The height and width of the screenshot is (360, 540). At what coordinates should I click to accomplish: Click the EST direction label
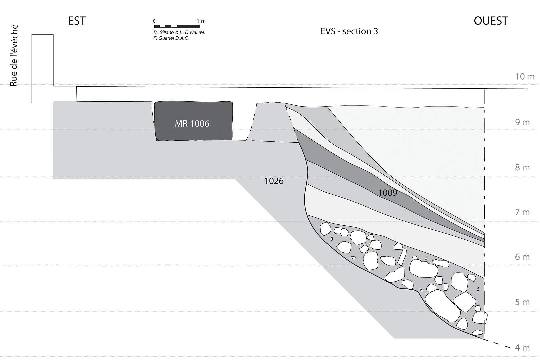point(77,21)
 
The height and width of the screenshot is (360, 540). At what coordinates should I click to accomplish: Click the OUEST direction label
point(491,21)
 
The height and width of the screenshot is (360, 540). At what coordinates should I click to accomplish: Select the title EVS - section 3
point(349,31)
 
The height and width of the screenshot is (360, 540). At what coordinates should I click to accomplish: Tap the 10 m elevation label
point(525,77)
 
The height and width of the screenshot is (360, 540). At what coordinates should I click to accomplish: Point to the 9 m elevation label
point(522,122)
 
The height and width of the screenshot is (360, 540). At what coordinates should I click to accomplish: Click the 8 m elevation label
point(522,167)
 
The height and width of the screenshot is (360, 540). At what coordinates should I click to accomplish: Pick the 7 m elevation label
point(522,212)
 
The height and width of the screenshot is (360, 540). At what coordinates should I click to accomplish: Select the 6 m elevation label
point(522,257)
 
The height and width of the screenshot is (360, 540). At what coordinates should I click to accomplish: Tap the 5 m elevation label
point(522,302)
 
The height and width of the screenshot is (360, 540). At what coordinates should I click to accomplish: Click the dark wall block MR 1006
point(193,120)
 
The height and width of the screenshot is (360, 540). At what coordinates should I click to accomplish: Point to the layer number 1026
point(274,181)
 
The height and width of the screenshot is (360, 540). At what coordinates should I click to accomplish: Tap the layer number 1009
point(388,193)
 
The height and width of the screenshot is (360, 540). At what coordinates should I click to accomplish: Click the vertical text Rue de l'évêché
point(13,56)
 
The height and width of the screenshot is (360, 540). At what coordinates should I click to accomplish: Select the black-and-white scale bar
point(177,26)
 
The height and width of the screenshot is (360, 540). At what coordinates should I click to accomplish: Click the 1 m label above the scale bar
point(201,21)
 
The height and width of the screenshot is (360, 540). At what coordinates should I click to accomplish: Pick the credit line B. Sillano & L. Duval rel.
point(179,32)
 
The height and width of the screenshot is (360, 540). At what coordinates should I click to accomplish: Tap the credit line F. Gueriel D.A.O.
point(171,38)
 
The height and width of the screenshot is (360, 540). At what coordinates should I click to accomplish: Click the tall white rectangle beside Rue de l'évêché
point(42,68)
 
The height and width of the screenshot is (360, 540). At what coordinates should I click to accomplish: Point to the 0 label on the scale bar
point(154,21)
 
